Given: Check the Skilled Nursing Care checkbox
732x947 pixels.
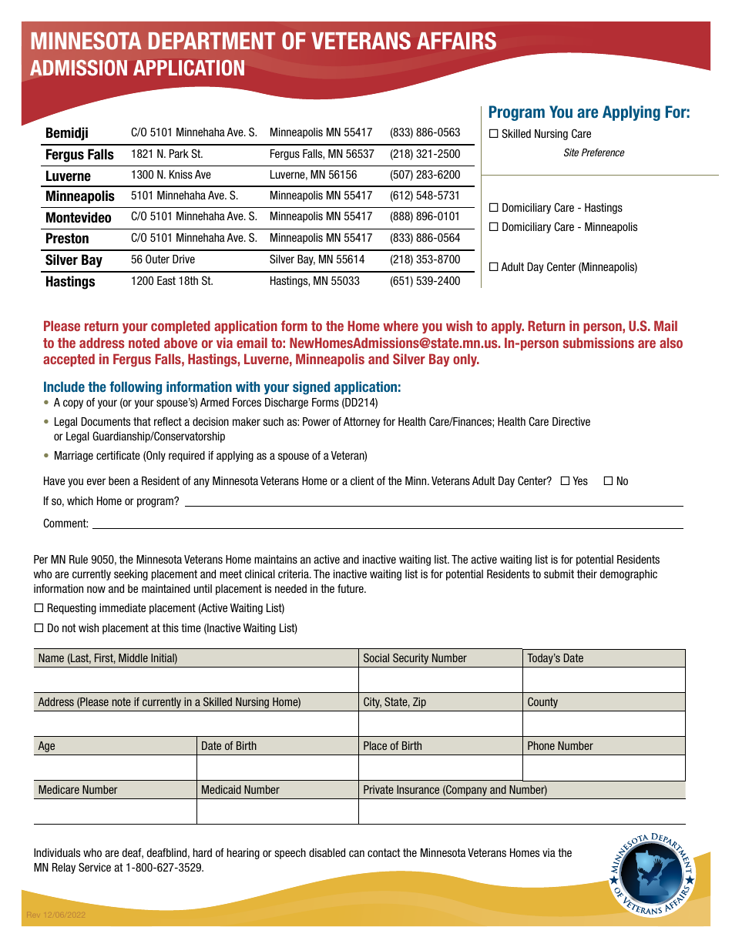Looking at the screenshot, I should coord(494,134).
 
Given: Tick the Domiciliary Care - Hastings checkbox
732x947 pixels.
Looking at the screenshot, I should coord(494,208).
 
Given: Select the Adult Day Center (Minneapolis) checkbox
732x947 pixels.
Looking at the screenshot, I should coord(494,267).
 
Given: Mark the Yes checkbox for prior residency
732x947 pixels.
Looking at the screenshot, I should coord(565,481).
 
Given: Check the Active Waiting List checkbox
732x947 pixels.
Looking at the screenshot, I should coord(39,608).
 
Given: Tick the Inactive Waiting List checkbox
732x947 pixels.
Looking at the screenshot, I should coord(39,628).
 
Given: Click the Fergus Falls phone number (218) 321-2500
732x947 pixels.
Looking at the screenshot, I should coord(425,154).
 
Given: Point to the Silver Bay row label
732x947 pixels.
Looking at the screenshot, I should coord(73,260).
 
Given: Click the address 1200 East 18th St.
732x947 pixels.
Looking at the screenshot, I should coord(172,281).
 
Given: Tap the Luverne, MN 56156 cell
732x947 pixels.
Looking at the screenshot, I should coord(313,175).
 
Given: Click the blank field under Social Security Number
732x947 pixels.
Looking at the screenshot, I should coord(440,680).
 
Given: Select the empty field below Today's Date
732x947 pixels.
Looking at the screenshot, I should coord(603,680).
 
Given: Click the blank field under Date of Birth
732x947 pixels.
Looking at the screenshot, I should coord(277,768).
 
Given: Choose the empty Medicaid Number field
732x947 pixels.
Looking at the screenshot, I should coord(277,811).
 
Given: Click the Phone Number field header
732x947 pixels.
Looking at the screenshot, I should coord(560,746).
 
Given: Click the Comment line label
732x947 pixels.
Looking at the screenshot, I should coord(65,524).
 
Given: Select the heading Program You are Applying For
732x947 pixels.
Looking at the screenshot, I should coord(589,112).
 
